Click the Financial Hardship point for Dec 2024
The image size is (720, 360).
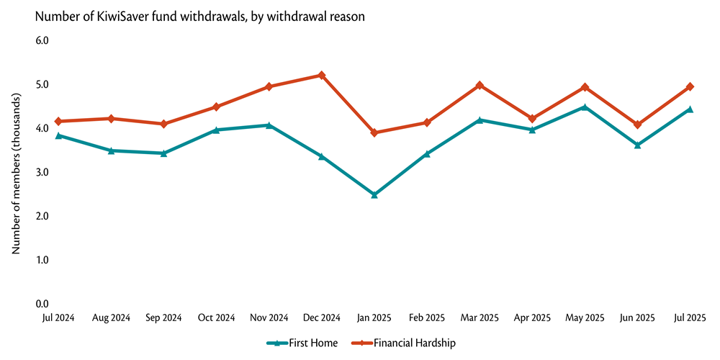tap(321, 75)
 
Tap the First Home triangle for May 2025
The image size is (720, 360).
tap(585, 107)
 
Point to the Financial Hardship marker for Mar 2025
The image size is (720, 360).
tap(480, 85)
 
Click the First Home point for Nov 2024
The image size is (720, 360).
tap(269, 125)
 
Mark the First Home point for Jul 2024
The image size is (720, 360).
tap(58, 135)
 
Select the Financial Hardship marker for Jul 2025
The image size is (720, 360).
tap(690, 86)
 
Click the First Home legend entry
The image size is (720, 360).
tap(302, 343)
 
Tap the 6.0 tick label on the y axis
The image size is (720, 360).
tap(41, 40)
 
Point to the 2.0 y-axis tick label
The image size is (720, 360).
tap(41, 216)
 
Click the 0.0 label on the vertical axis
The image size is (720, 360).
tap(41, 304)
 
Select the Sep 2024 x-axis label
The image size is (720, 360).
tap(163, 317)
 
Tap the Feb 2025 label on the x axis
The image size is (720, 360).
tap(427, 317)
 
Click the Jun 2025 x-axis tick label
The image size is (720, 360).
tap(637, 317)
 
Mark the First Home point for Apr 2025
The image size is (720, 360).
tap(532, 130)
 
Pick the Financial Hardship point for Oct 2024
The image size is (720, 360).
tap(216, 107)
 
